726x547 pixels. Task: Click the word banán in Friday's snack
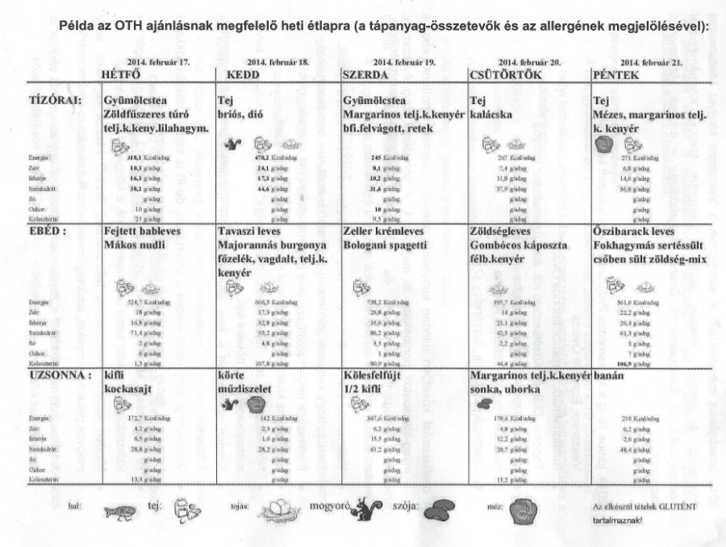(611, 376)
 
